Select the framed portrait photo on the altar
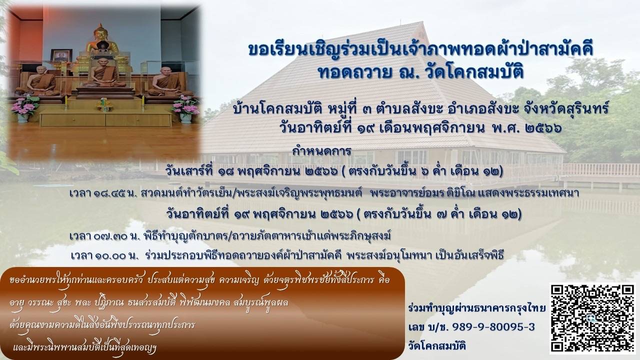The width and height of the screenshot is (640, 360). click(x=61, y=55)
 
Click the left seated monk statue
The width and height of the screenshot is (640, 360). click(x=41, y=81)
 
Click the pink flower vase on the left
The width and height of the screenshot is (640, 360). click(x=24, y=109)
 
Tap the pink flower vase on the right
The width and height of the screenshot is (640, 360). click(x=185, y=109)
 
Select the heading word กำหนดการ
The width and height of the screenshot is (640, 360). click(x=321, y=151)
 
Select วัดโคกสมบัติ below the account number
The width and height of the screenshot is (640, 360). click(x=437, y=346)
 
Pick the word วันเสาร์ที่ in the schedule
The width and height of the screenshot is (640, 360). click(x=189, y=171)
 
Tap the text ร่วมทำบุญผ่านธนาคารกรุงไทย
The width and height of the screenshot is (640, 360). click(x=477, y=308)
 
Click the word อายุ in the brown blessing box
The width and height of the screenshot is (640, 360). click(x=16, y=303)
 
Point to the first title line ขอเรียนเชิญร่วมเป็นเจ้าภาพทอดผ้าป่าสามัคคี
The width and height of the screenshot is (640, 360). click(x=421, y=49)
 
